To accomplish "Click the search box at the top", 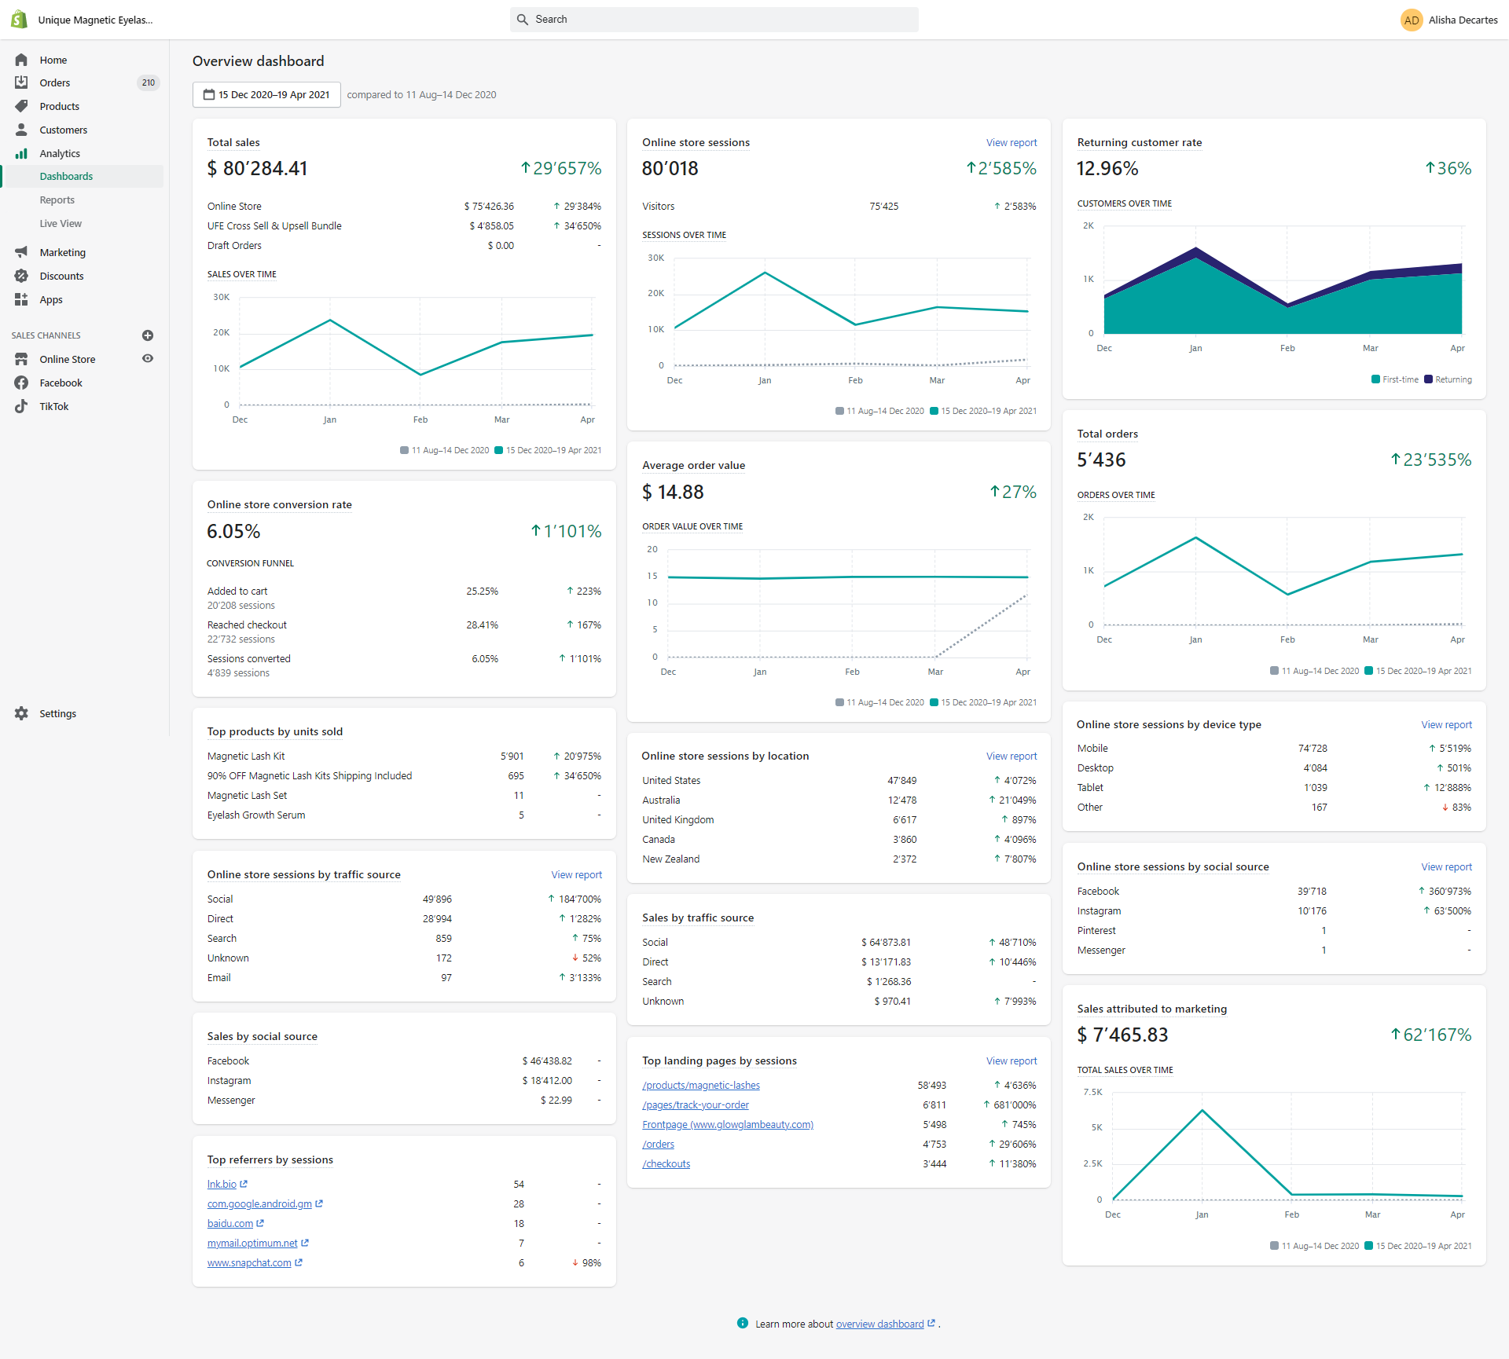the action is pos(714,20).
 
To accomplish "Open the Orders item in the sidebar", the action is pos(55,82).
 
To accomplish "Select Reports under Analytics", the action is pos(57,200).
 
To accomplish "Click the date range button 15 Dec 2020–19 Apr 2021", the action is pos(266,94).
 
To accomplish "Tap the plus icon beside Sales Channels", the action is pos(148,335).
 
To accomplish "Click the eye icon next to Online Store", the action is pos(148,359).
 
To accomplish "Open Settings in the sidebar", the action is pos(58,713).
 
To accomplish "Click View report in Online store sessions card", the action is pos(1012,142).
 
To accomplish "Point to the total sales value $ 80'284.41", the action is pos(257,168).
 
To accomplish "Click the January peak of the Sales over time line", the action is pos(330,321).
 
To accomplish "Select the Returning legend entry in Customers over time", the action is pos(1448,379).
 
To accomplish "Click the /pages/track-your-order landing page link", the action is pos(696,1105).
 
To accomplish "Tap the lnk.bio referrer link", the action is pos(222,1185).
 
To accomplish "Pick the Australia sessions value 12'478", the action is pos(902,800).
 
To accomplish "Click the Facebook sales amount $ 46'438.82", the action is pos(547,1061).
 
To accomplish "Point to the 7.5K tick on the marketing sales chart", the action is pos(1092,1093).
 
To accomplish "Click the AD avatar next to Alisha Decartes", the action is pos(1412,20).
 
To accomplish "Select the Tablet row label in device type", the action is pos(1090,788).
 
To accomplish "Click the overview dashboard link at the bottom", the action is pos(880,1324).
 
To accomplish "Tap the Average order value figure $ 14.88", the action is pos(673,492).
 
